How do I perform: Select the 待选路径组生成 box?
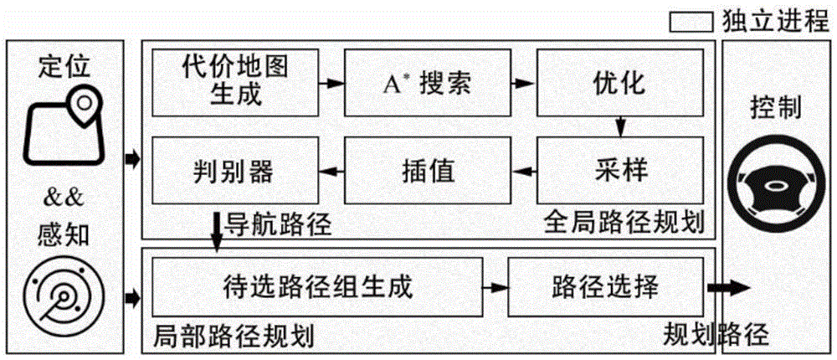pyautogui.click(x=316, y=286)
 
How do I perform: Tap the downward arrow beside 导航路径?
pyautogui.click(x=217, y=229)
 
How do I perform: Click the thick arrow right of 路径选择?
pyautogui.click(x=727, y=287)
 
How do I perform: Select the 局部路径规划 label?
pyautogui.click(x=234, y=337)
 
